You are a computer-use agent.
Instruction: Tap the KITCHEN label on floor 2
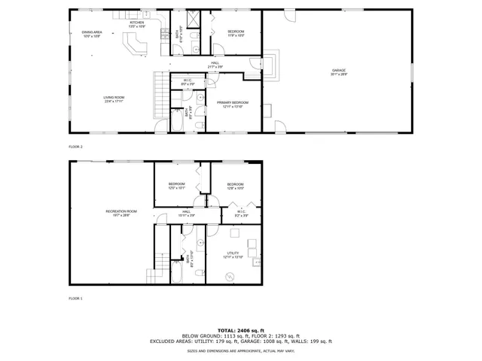pyautogui.click(x=137, y=24)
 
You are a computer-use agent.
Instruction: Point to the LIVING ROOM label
pyautogui.click(x=114, y=99)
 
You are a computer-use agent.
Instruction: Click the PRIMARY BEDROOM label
pyautogui.click(x=232, y=104)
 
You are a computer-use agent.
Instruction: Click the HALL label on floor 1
pyautogui.click(x=187, y=213)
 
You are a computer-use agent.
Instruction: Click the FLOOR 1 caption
pyautogui.click(x=75, y=299)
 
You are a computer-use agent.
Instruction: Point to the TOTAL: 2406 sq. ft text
pyautogui.click(x=241, y=330)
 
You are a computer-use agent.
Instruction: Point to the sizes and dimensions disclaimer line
pyautogui.click(x=241, y=350)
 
